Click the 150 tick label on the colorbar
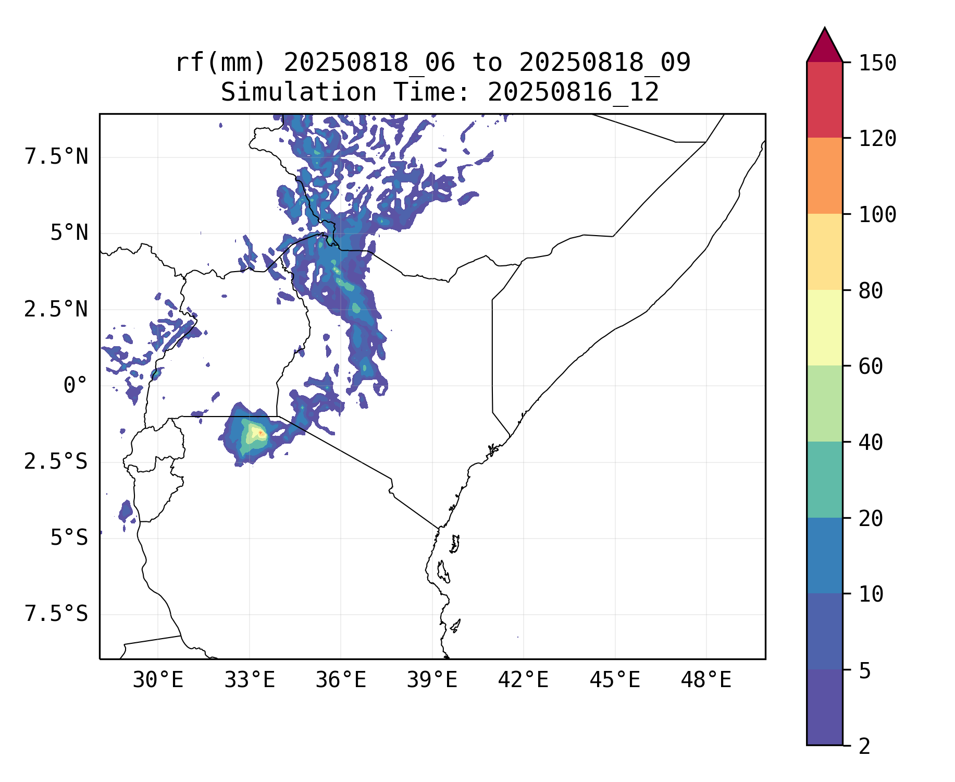(x=877, y=63)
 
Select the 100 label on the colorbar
(x=877, y=214)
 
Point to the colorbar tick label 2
(x=864, y=746)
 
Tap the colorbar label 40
(x=871, y=443)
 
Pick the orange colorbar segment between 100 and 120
(x=824, y=176)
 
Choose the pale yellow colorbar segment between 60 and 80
(x=824, y=327)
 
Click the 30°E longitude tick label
(x=158, y=680)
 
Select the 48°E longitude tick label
(x=706, y=680)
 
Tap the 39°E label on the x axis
(x=432, y=680)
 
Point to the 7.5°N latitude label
(x=56, y=156)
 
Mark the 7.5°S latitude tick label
(x=56, y=614)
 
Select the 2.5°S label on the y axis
(x=56, y=461)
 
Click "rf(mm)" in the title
(x=220, y=63)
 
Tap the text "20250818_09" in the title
(x=604, y=63)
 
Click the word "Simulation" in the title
(x=299, y=92)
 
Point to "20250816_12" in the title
(x=573, y=92)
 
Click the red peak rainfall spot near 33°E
(x=261, y=433)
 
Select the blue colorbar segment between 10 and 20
(x=824, y=555)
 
